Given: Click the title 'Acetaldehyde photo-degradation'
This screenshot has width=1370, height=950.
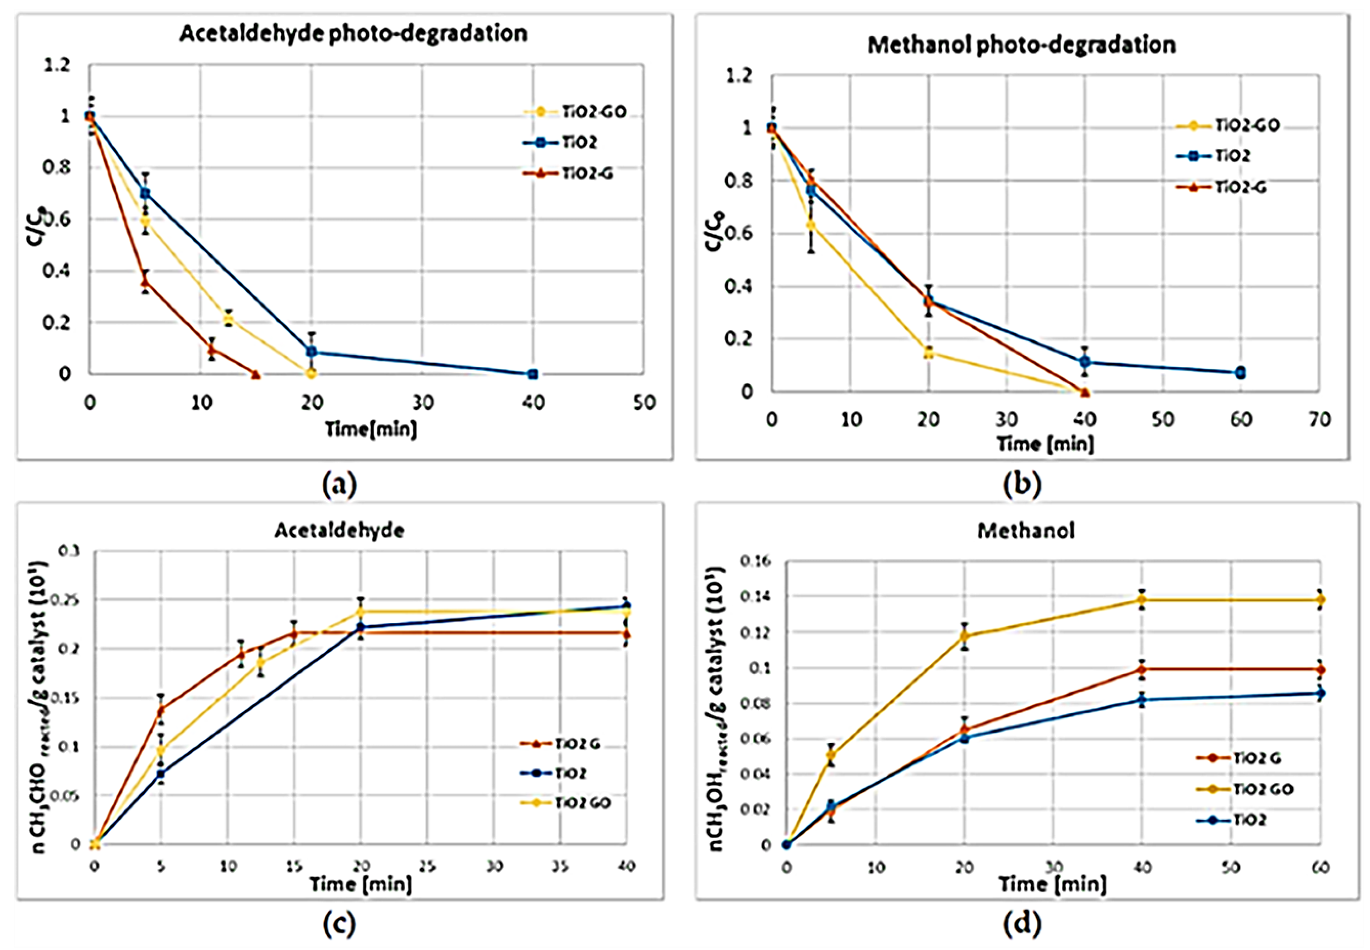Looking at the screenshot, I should click(353, 33).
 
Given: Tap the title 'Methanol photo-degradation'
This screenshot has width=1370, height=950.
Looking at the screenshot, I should click(1021, 45).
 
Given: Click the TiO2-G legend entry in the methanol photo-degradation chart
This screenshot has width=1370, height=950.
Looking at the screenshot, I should click(1240, 187).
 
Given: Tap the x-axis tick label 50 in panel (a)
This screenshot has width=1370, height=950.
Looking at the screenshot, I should click(644, 403).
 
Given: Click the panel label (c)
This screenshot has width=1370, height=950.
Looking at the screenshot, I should click(339, 923).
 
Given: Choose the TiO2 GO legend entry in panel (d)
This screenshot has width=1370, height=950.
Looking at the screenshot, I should click(1262, 789).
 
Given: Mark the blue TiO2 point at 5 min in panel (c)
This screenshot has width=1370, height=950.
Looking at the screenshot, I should click(161, 774).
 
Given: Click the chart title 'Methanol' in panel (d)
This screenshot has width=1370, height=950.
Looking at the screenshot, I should click(1026, 530).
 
